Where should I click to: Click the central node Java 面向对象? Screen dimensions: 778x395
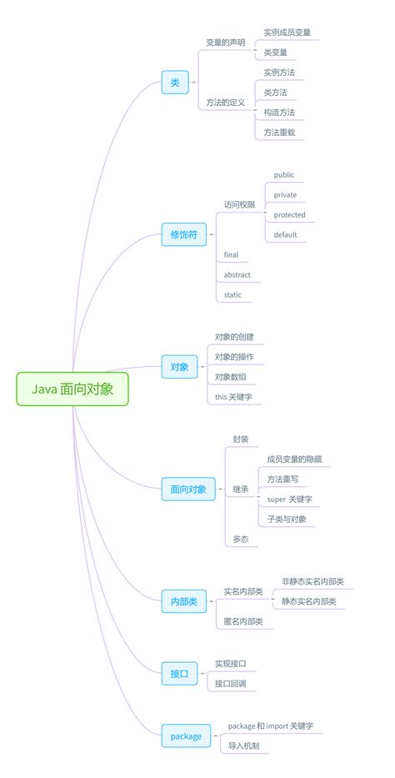(72, 389)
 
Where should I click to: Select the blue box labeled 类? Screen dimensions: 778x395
(175, 82)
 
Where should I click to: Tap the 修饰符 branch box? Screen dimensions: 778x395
(183, 235)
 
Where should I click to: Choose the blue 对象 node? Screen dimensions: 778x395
(179, 367)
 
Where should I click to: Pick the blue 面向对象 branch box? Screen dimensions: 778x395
(187, 489)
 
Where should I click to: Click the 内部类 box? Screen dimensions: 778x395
(184, 600)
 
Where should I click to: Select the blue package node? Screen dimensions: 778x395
(186, 735)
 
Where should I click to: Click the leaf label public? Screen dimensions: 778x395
(284, 175)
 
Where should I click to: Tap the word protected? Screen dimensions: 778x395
(289, 215)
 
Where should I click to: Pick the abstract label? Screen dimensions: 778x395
(237, 275)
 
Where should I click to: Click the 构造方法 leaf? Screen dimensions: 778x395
(279, 112)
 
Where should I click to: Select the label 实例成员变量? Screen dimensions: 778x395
(287, 33)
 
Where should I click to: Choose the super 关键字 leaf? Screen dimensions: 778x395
(289, 499)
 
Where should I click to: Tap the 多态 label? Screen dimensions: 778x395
(240, 540)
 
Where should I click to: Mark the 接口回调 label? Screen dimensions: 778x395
(230, 684)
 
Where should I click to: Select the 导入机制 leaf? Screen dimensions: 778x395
(243, 745)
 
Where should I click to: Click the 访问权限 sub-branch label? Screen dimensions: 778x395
(239, 204)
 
